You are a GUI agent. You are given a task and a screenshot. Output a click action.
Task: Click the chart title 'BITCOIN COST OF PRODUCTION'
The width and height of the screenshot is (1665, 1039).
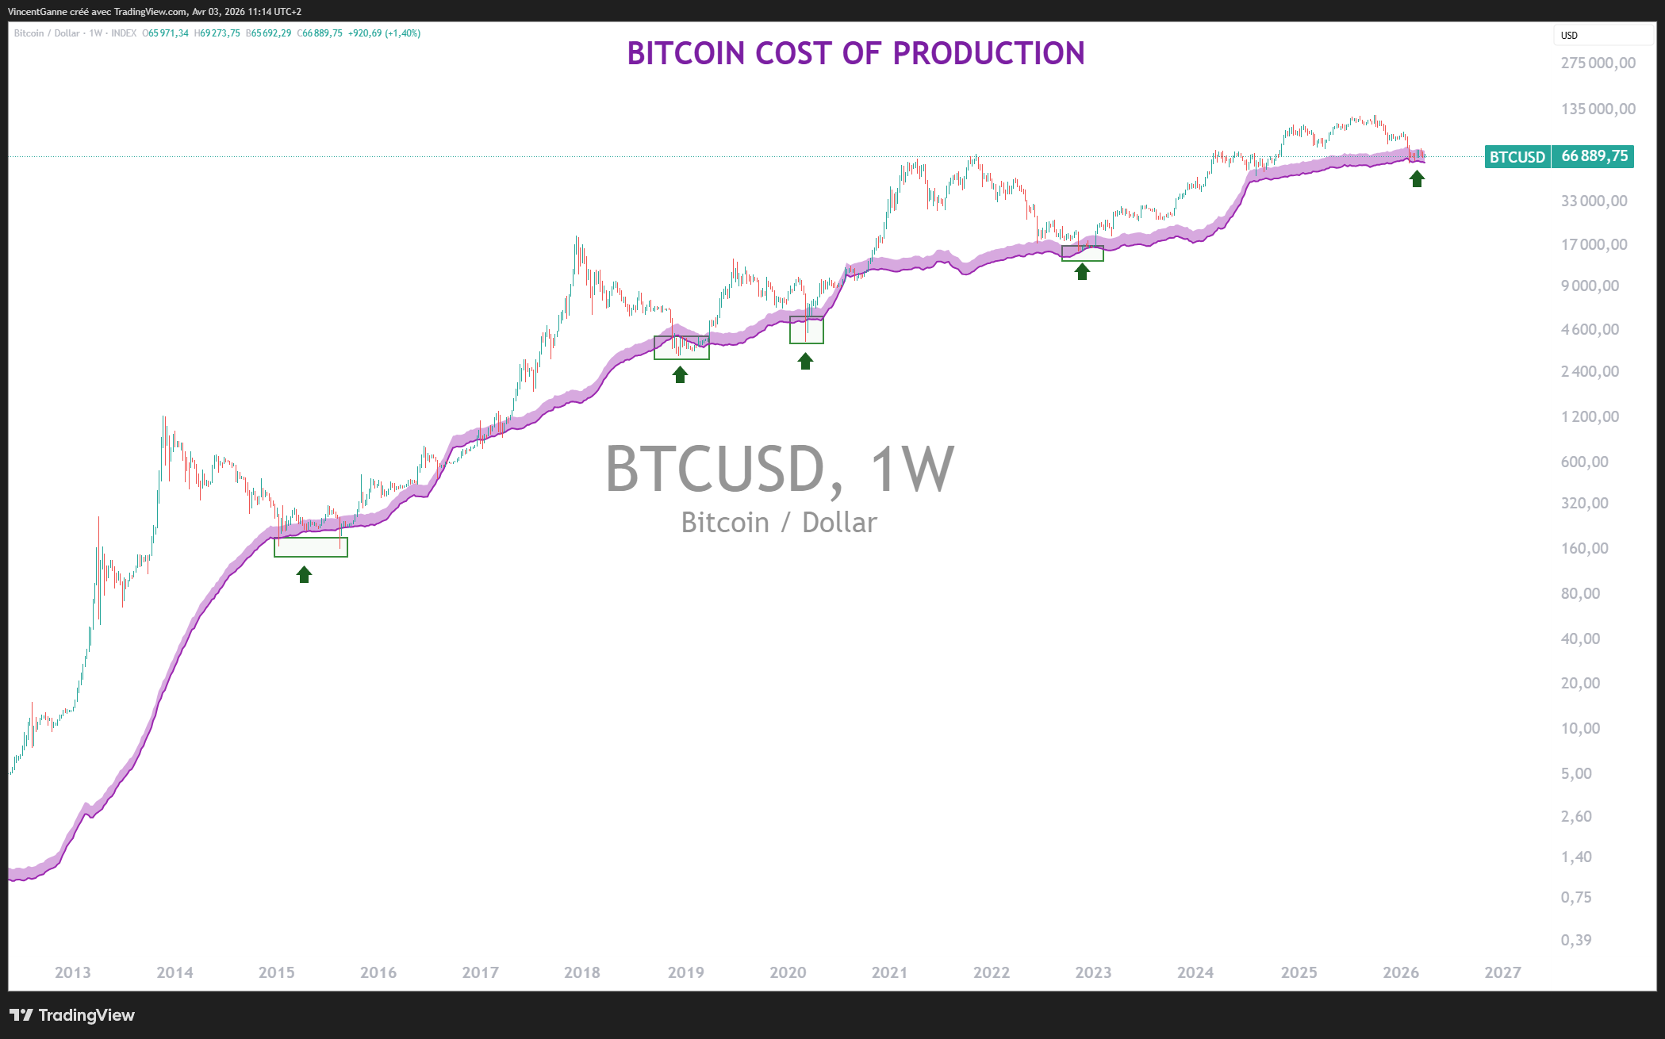855,54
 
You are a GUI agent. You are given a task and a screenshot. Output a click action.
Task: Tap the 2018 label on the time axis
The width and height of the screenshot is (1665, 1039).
582,972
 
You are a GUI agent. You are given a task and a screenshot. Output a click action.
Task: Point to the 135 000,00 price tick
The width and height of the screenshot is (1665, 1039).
1598,109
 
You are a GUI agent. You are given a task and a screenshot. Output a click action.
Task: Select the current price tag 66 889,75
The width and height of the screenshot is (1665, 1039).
1594,156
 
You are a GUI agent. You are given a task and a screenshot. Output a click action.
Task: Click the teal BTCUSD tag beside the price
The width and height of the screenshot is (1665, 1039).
1517,157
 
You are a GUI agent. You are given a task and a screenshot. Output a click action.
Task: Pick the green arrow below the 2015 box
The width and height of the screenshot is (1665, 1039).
304,574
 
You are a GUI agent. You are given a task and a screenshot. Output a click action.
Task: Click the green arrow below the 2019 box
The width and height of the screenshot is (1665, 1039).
680,374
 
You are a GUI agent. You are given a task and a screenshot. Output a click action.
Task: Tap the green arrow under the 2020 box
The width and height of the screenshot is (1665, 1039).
805,362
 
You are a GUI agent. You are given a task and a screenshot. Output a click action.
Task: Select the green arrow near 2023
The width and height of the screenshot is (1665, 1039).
1082,271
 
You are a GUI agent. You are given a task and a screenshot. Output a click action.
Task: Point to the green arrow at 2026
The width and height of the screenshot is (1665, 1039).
1417,178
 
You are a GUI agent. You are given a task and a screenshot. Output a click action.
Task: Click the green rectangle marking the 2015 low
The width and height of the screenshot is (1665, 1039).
310,547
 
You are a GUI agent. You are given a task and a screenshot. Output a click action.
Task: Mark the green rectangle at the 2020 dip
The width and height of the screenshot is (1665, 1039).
806,330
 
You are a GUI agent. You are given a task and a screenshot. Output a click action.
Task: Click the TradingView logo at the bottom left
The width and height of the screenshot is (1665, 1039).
72,1015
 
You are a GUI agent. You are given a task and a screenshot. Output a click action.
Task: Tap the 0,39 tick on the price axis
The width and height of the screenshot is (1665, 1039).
1576,940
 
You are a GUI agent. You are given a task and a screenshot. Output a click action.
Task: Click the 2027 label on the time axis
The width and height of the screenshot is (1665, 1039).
1502,972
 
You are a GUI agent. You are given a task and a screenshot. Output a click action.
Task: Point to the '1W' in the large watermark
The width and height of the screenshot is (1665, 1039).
911,469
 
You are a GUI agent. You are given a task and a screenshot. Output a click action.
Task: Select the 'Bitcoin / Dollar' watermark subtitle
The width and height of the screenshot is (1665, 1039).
779,523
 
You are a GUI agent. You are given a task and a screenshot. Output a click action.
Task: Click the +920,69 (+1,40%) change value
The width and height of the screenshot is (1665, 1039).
385,33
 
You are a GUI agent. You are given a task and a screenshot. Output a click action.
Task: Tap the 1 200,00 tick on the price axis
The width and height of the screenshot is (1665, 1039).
1590,416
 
